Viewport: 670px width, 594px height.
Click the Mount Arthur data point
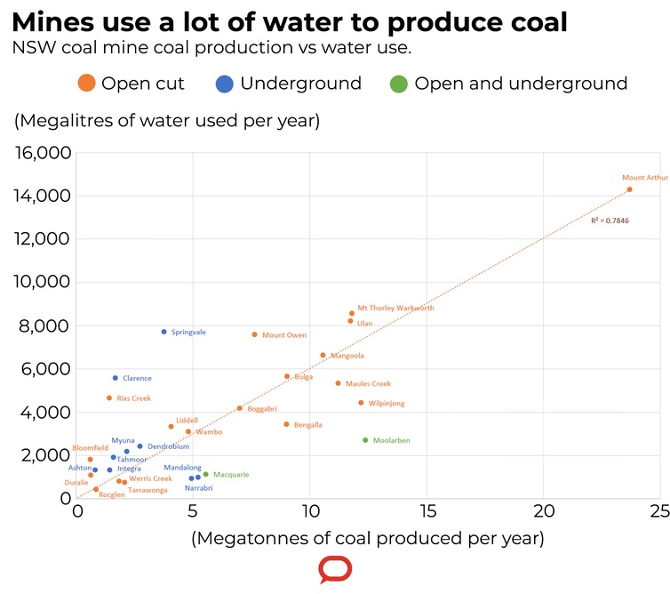[629, 189]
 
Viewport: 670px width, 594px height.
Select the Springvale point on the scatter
[164, 332]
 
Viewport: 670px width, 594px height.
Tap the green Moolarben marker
[365, 440]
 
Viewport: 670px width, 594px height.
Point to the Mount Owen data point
[254, 334]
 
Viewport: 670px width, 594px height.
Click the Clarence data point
[116, 378]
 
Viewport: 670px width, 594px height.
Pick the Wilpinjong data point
[361, 403]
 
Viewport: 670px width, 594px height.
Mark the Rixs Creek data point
[109, 397]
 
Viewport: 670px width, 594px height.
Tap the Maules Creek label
[368, 384]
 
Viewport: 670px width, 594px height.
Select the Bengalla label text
[307, 425]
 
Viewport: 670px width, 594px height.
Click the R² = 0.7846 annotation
[610, 221]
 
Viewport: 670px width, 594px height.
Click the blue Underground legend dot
[225, 84]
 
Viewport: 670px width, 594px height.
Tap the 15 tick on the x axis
[427, 512]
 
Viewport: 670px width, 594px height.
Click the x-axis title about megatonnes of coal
[367, 538]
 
